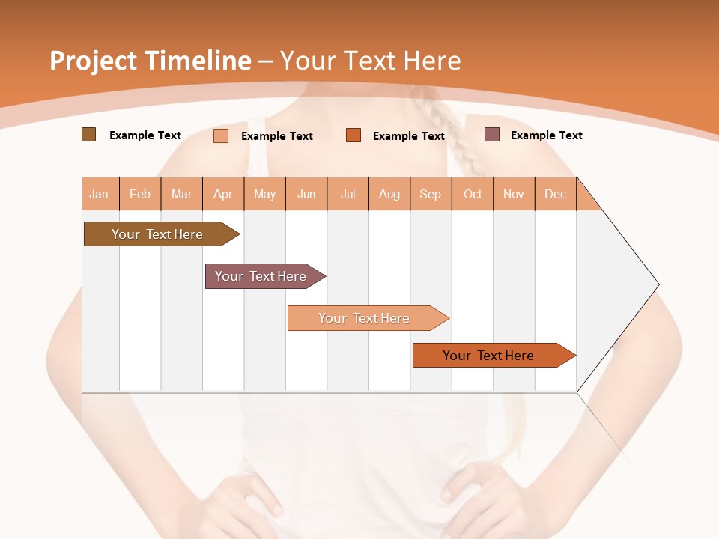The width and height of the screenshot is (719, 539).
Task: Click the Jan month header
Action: [x=99, y=194]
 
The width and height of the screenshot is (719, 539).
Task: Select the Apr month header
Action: [x=223, y=194]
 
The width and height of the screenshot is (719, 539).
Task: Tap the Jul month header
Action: [x=348, y=194]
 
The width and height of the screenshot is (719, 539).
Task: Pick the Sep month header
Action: [x=430, y=194]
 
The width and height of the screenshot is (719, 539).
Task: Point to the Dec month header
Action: [x=555, y=194]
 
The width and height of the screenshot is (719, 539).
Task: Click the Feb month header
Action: [x=140, y=194]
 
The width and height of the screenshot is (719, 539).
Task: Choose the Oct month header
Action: [x=473, y=194]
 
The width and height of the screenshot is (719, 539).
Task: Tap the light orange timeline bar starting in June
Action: [x=365, y=318]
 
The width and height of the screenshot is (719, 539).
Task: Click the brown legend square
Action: [x=88, y=135]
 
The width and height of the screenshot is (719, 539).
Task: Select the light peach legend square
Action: [x=221, y=135]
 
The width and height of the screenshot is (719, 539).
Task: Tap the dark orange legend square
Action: [x=354, y=135]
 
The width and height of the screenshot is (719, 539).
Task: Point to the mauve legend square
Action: [x=491, y=135]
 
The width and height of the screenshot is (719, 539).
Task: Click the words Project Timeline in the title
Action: [x=150, y=61]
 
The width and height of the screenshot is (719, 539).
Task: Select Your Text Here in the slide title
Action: [x=370, y=61]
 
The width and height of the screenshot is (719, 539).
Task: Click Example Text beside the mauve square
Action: [x=546, y=135]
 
